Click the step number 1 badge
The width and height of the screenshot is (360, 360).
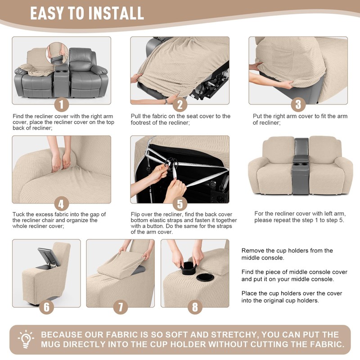tap(61, 105)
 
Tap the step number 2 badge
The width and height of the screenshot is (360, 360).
tap(180, 105)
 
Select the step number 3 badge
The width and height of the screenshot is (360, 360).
tap(298, 105)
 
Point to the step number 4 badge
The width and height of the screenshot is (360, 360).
tap(61, 203)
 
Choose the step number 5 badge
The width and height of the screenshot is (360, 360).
tap(180, 203)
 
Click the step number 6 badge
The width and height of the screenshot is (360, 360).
tap(46, 307)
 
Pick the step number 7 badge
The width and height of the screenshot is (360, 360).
tap(121, 307)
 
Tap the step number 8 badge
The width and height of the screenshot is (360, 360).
tap(195, 307)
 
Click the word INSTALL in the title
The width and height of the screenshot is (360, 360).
tap(117, 13)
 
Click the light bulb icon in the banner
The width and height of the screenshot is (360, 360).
tap(26, 339)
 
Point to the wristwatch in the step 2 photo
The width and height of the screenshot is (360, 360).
tap(166, 101)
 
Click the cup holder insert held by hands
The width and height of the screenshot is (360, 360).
tap(189, 268)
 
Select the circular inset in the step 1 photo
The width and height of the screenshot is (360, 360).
tap(57, 54)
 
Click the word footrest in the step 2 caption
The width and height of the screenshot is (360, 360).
tap(140, 122)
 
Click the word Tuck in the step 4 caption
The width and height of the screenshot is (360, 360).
tap(18, 215)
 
